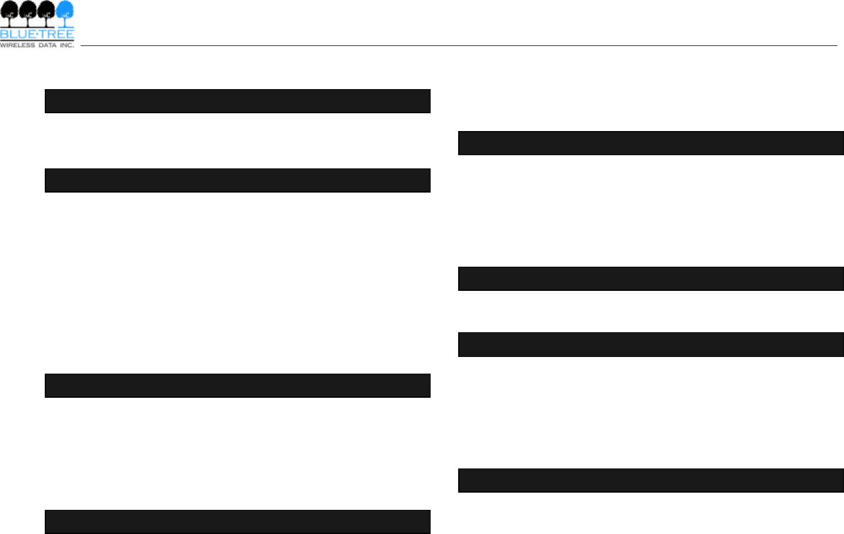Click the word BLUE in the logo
[17, 34]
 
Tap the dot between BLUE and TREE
[37, 34]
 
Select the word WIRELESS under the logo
[17, 45]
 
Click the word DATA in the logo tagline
[47, 45]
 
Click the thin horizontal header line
[459, 45]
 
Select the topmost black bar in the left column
[238, 101]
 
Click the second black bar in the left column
[238, 180]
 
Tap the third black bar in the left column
[238, 386]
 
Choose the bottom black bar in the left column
[238, 522]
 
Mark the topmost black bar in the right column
[651, 143]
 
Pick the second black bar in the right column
[651, 279]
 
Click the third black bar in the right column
[651, 344]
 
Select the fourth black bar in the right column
[651, 481]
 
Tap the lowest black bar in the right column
[651, 481]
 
